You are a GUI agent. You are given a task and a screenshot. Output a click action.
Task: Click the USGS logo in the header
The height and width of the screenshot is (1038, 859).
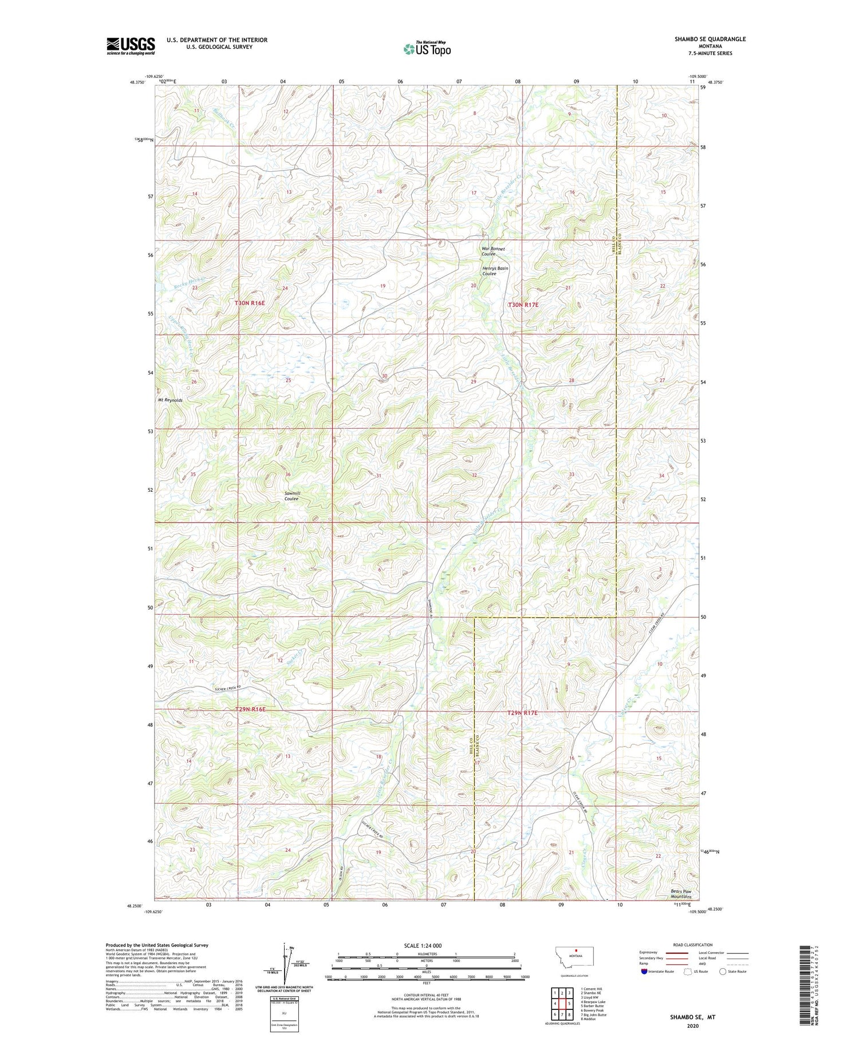(131, 46)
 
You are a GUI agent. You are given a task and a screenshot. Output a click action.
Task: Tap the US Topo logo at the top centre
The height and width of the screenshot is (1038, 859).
(427, 49)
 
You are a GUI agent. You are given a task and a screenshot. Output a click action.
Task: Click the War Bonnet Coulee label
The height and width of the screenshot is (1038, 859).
(493, 251)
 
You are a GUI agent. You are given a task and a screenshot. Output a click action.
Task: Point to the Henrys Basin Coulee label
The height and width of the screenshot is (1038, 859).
(495, 271)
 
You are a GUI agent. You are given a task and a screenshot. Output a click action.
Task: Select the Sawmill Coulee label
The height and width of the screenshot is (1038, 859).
(291, 496)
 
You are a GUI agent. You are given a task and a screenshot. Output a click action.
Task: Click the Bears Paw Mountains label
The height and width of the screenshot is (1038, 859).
(681, 894)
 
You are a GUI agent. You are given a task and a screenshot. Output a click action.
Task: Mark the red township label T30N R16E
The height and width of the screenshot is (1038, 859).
(250, 302)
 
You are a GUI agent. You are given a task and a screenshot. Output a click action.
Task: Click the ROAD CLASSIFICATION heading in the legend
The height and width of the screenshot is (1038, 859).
(692, 945)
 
